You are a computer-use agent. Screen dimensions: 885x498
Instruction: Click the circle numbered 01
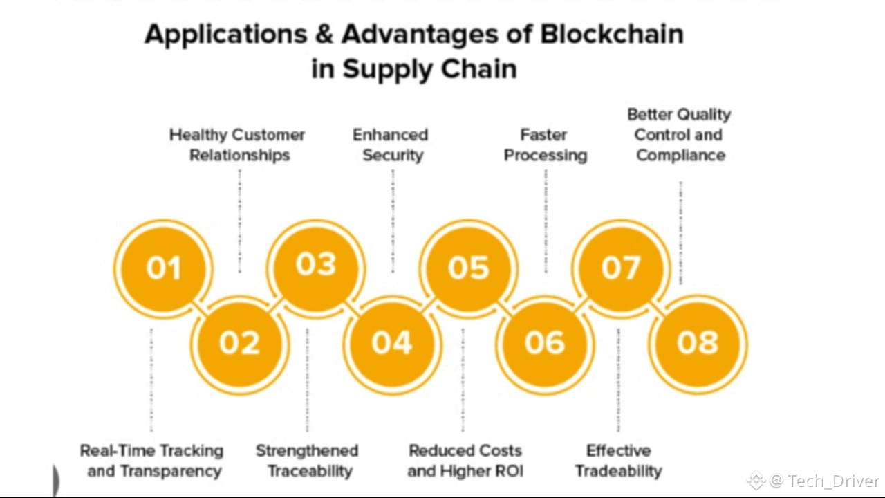click(x=163, y=268)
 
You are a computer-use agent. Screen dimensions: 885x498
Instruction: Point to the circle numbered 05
click(x=469, y=268)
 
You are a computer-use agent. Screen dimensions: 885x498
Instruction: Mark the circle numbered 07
click(x=621, y=268)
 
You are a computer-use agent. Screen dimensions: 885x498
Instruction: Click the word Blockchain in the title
click(x=612, y=35)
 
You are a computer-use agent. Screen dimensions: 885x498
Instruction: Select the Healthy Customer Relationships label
click(x=238, y=145)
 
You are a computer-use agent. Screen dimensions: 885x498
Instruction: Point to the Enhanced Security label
click(x=391, y=145)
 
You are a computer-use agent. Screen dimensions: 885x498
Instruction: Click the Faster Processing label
click(x=545, y=145)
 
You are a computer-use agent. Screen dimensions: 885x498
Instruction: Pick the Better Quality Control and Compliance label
click(x=680, y=135)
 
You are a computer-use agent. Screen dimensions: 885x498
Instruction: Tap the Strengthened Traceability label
click(x=308, y=461)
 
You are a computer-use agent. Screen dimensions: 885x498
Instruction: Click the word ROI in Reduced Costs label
click(x=509, y=472)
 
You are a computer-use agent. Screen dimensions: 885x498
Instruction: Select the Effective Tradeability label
click(x=619, y=461)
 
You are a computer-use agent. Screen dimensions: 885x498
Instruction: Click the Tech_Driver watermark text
click(x=833, y=481)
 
